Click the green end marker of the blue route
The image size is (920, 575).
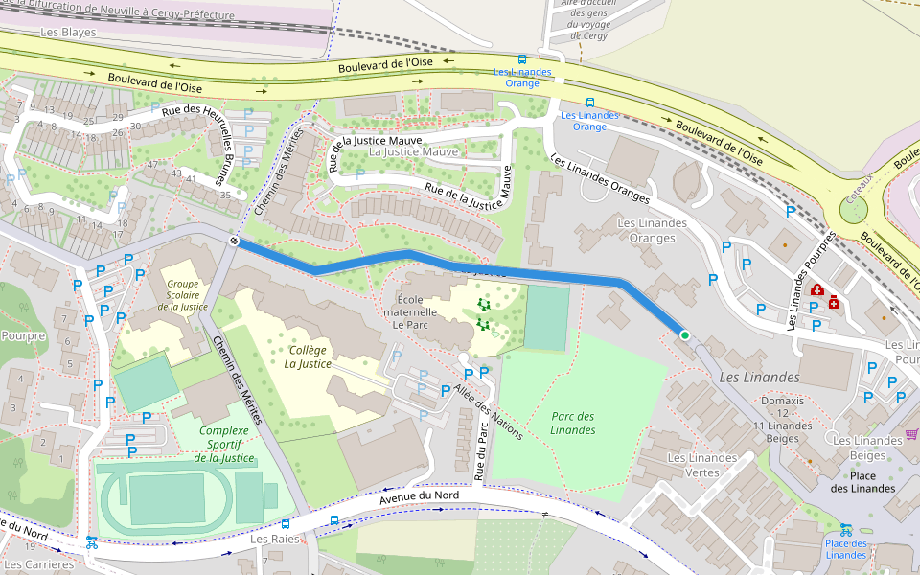pos(685,335)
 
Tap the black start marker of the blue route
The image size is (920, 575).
pos(234,241)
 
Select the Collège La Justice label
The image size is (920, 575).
pos(309,356)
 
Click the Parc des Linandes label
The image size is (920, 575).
pos(573,423)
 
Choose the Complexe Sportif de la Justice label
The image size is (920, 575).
pos(225,444)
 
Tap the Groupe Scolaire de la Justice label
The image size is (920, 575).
pos(188,294)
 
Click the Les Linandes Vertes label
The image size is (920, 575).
pos(705,465)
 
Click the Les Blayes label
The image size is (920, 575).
pos(69,33)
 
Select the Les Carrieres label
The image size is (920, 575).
pos(38,564)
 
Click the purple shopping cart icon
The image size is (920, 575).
pos(910,434)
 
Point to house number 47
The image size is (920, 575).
pos(152,165)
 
